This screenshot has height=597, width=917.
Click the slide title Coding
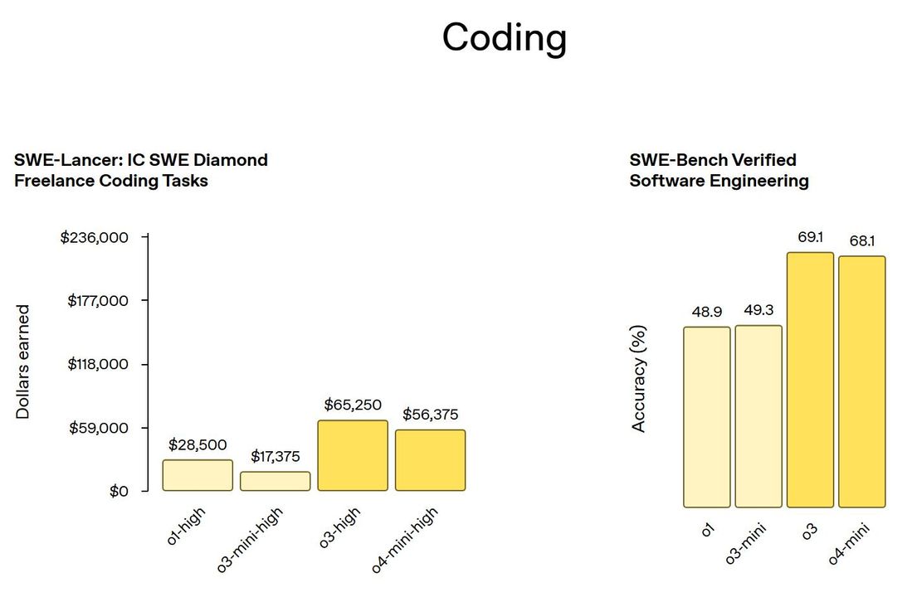[504, 38]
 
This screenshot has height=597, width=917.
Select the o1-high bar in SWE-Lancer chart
[198, 475]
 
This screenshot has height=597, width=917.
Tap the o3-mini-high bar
[276, 481]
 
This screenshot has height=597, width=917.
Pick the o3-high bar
[353, 455]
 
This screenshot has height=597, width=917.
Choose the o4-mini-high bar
[430, 460]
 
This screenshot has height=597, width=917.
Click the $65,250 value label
[353, 405]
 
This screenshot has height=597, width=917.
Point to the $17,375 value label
[276, 456]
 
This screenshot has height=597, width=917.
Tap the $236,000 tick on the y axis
[95, 238]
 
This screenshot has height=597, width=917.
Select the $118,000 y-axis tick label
[98, 364]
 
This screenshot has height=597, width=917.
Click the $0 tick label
[119, 492]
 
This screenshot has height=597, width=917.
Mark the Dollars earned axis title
[23, 362]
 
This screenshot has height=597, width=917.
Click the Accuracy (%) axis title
[638, 378]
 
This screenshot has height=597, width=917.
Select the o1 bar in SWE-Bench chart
[707, 417]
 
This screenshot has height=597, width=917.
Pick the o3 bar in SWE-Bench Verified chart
[810, 380]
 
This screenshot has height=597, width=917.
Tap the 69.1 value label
[810, 238]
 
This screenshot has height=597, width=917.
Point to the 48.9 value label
[706, 313]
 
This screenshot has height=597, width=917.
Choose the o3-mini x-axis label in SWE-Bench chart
[746, 543]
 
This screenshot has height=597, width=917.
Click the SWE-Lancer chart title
[141, 170]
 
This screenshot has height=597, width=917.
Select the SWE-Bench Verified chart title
[719, 170]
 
